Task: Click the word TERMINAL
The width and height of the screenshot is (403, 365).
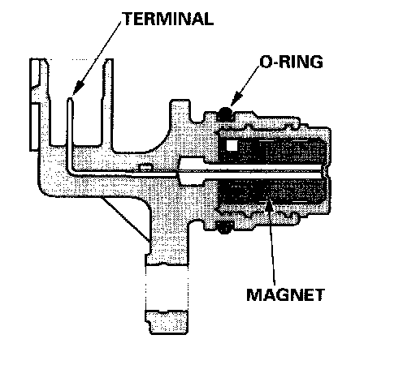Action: pyautogui.click(x=168, y=19)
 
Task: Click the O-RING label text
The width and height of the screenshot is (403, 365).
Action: pyautogui.click(x=291, y=62)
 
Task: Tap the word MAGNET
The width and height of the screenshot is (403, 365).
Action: pyautogui.click(x=286, y=294)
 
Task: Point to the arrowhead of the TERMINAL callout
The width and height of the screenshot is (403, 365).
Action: pyautogui.click(x=78, y=88)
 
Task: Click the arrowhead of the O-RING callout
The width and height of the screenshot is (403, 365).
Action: pyautogui.click(x=236, y=99)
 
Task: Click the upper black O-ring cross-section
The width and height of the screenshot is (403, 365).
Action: pyautogui.click(x=225, y=114)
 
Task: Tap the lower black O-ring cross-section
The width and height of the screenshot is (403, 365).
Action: pyautogui.click(x=224, y=228)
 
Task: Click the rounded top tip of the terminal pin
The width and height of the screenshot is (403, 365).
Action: pyautogui.click(x=70, y=99)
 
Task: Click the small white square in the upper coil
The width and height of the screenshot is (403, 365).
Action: pyautogui.click(x=232, y=146)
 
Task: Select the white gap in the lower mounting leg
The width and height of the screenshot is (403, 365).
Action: pyautogui.click(x=167, y=287)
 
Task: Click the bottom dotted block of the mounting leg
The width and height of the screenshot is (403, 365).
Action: pyautogui.click(x=167, y=322)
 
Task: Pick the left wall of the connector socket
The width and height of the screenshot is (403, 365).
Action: pyautogui.click(x=45, y=103)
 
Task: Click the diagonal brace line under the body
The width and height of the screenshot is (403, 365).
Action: pyautogui.click(x=126, y=219)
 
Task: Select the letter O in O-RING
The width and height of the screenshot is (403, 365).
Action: pyautogui.click(x=266, y=62)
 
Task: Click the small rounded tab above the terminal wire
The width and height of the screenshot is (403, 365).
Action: pyautogui.click(x=145, y=167)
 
